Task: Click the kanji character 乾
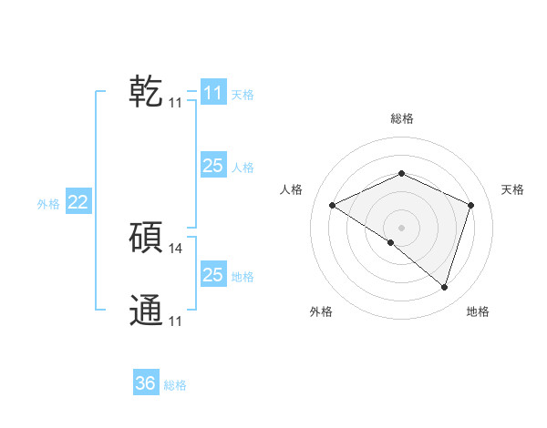click(x=146, y=92)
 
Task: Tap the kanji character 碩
click(x=146, y=238)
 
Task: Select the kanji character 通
click(x=146, y=311)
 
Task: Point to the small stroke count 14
click(x=176, y=248)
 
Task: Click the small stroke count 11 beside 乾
click(x=175, y=103)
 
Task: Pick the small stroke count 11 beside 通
click(x=175, y=321)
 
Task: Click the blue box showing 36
click(x=146, y=383)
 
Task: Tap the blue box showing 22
click(x=77, y=202)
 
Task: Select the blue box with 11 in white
click(x=212, y=93)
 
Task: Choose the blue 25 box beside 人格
click(x=212, y=166)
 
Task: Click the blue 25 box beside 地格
click(x=212, y=275)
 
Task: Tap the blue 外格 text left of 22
click(x=48, y=204)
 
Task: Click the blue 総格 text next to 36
click(x=175, y=385)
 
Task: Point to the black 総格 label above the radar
click(x=401, y=119)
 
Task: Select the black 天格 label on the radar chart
click(x=512, y=189)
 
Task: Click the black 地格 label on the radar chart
click(x=478, y=311)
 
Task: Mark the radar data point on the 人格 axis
click(x=333, y=206)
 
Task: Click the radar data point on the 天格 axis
click(x=471, y=205)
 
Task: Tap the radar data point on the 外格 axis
click(x=391, y=242)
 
